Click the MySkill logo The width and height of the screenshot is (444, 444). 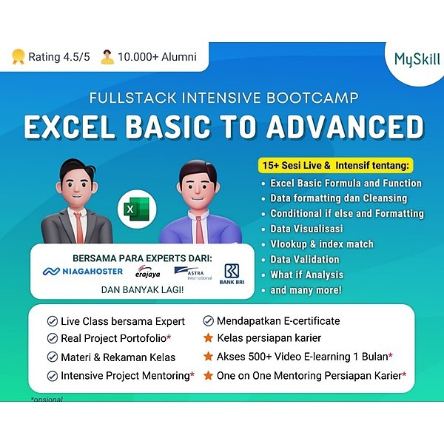pos(417,59)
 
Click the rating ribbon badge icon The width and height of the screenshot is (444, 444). pos(18,56)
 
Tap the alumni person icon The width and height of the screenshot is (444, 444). pos(107,56)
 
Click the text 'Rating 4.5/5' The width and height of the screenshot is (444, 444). pos(58,56)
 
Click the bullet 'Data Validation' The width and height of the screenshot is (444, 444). pos(304,259)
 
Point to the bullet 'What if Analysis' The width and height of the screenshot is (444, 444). pos(306,275)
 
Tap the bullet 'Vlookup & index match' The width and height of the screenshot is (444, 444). pos(321,244)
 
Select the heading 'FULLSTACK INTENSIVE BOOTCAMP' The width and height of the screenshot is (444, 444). pos(222,97)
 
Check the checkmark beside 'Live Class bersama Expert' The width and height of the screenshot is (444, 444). pos(52,321)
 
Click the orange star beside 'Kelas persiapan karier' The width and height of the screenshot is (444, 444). pos(209,338)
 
